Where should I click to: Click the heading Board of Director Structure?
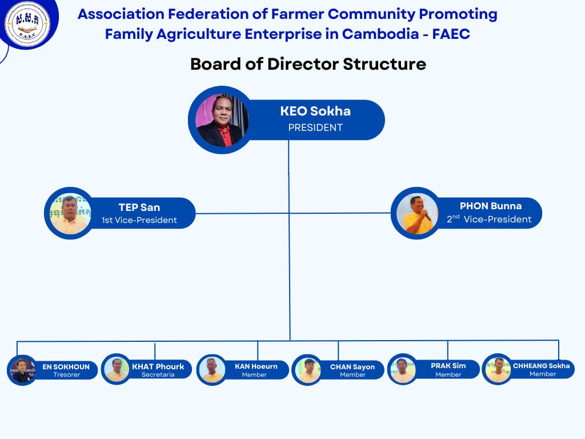point(308,64)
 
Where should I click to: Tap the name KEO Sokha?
point(315,111)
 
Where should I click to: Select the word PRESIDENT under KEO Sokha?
point(315,127)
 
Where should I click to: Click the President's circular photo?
point(222,120)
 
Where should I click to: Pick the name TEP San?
point(139,207)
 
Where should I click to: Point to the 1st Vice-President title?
point(139,220)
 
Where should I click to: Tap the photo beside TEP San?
point(70,214)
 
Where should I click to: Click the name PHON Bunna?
point(491,206)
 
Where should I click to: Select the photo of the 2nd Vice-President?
point(416,214)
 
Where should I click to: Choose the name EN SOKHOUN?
point(66,366)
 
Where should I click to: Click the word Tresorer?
point(67,374)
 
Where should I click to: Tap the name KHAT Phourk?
point(158,366)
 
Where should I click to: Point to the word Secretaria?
point(158,374)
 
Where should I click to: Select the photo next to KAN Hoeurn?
point(212,370)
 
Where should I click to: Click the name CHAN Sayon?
point(352,367)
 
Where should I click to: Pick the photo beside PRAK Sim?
point(402,370)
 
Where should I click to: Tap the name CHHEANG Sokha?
point(542,366)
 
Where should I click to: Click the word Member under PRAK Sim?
point(448,374)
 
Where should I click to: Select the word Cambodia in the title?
point(380,34)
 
